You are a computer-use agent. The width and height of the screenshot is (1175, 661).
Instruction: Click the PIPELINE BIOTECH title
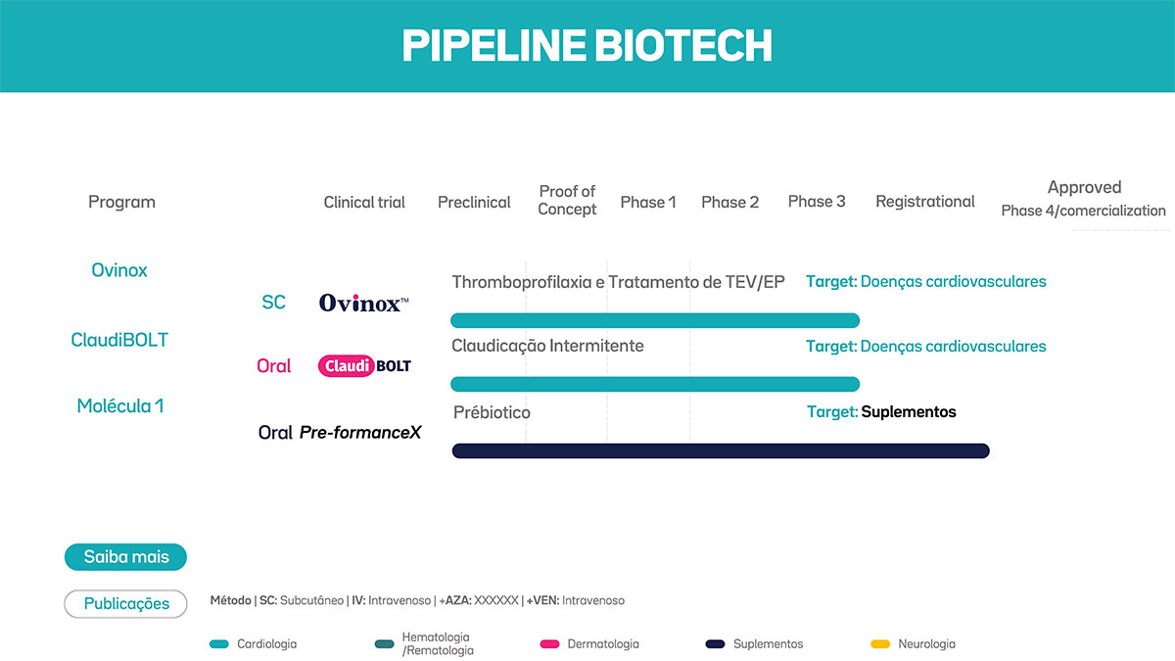click(587, 46)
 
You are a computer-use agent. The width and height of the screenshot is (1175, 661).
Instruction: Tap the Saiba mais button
click(125, 557)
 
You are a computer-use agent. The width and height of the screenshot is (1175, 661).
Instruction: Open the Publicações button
click(125, 604)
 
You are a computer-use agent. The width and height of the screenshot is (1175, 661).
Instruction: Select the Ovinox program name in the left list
click(119, 270)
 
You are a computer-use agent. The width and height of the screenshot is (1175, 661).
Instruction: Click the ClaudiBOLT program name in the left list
click(119, 340)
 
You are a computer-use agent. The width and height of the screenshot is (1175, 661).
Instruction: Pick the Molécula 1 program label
click(119, 405)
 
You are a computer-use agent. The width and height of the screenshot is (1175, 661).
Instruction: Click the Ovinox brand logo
click(363, 304)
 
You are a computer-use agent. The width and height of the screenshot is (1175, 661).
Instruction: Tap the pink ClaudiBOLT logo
click(364, 366)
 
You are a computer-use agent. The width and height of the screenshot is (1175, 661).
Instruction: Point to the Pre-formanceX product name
click(359, 432)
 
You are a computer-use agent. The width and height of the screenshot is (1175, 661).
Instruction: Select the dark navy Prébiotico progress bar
click(721, 450)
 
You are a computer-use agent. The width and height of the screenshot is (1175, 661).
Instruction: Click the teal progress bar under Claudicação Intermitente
click(654, 384)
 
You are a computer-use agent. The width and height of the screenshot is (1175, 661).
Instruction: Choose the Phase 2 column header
click(729, 202)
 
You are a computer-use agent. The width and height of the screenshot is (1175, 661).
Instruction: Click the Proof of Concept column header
click(567, 200)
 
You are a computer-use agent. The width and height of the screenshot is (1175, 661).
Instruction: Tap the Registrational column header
click(924, 202)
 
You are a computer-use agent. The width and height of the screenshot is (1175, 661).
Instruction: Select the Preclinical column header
click(474, 202)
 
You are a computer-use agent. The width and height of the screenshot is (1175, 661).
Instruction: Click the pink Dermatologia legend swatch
click(550, 644)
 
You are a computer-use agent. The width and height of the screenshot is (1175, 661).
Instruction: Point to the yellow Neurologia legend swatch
click(880, 644)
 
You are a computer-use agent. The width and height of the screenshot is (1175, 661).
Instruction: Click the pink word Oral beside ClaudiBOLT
click(274, 366)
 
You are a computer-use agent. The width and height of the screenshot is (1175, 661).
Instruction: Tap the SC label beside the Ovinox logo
click(274, 303)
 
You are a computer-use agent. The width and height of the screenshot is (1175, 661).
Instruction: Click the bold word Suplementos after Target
click(908, 412)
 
